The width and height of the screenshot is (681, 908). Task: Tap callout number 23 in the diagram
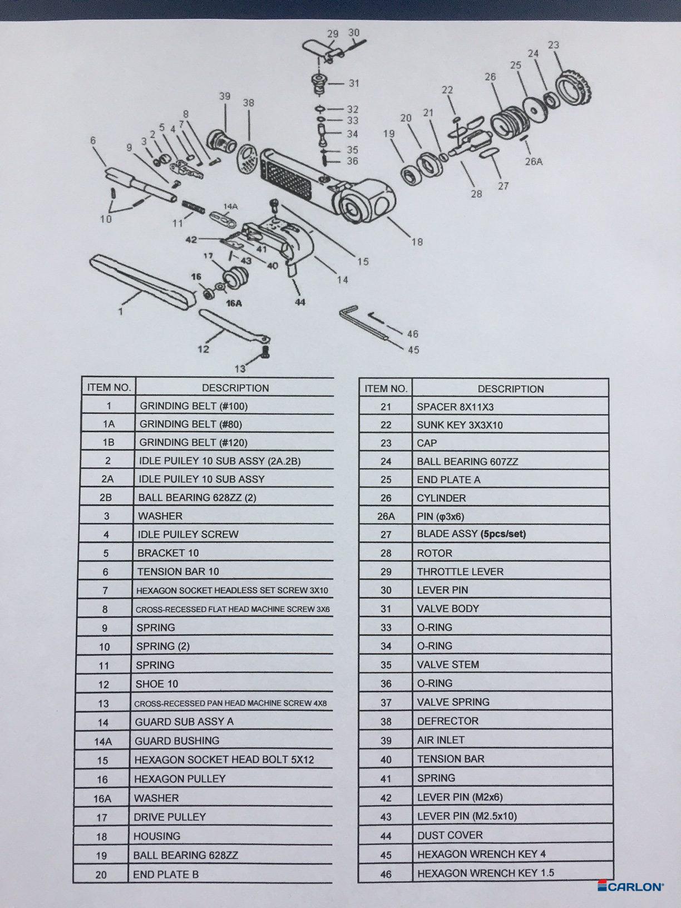click(x=553, y=45)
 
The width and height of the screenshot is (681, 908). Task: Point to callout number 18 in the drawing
click(x=417, y=242)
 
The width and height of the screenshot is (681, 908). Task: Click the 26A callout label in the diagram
click(x=534, y=162)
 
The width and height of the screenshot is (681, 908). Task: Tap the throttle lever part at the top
click(x=323, y=50)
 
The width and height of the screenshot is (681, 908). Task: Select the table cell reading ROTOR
click(x=510, y=552)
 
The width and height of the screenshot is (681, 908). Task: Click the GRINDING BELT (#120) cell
click(x=234, y=442)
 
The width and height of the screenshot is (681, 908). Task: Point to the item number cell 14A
click(x=103, y=742)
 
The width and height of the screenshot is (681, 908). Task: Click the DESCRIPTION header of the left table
click(x=235, y=388)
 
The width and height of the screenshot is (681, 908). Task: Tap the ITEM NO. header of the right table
click(x=386, y=388)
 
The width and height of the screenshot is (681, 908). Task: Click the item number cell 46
click(x=386, y=874)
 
